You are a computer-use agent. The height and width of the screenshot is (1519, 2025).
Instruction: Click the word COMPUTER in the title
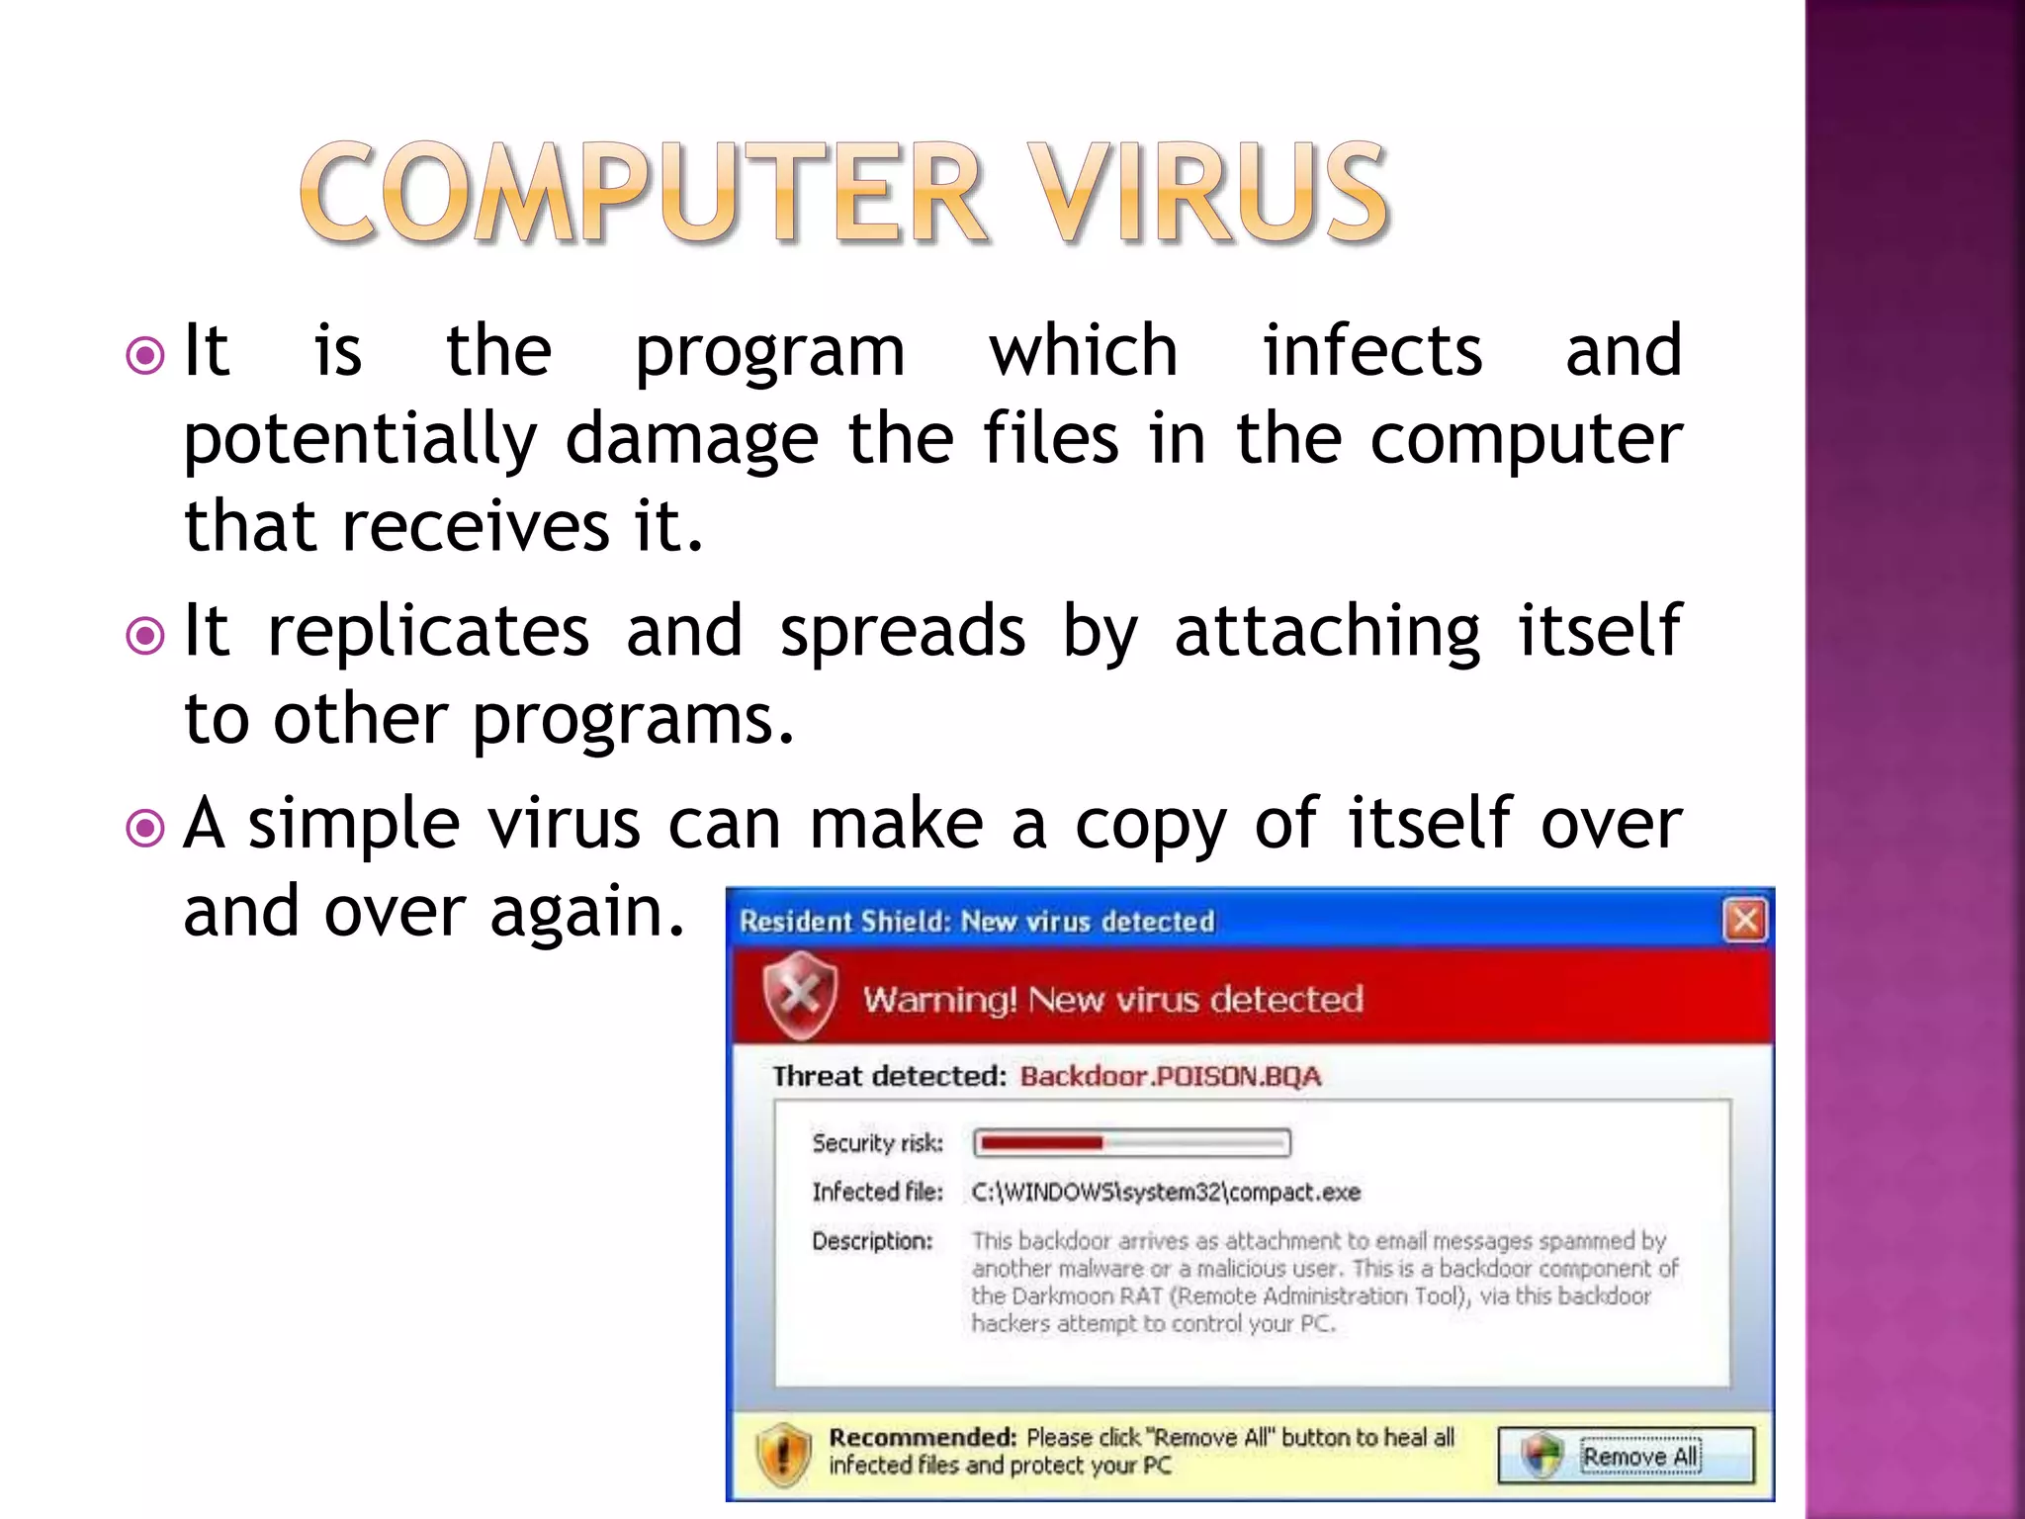tap(643, 193)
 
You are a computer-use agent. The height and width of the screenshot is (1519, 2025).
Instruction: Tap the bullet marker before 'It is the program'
tap(145, 355)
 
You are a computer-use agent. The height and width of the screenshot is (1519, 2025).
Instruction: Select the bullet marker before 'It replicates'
tap(145, 635)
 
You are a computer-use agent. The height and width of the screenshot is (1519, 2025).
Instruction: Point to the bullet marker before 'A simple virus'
tap(145, 827)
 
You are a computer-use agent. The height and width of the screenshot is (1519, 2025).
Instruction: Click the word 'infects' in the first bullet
tap(1372, 351)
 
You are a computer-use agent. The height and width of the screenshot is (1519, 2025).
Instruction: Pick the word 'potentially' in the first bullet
tap(361, 440)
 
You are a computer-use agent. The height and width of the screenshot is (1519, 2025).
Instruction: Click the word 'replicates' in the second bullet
tap(428, 631)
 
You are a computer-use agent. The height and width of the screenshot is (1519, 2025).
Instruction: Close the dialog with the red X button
tap(1744, 921)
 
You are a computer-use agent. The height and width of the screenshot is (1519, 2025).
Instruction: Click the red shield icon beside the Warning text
tap(799, 996)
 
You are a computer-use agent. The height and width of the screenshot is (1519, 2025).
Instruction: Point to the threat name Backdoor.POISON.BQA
tap(1170, 1076)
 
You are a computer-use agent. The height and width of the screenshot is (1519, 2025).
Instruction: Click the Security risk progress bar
tap(1132, 1143)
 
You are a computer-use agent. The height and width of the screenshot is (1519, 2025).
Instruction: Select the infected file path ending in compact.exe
tap(1166, 1193)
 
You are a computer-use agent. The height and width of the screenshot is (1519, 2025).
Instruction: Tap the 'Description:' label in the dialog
tap(872, 1241)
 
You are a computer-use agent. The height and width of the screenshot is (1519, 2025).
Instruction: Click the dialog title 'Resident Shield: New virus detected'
tap(977, 922)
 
